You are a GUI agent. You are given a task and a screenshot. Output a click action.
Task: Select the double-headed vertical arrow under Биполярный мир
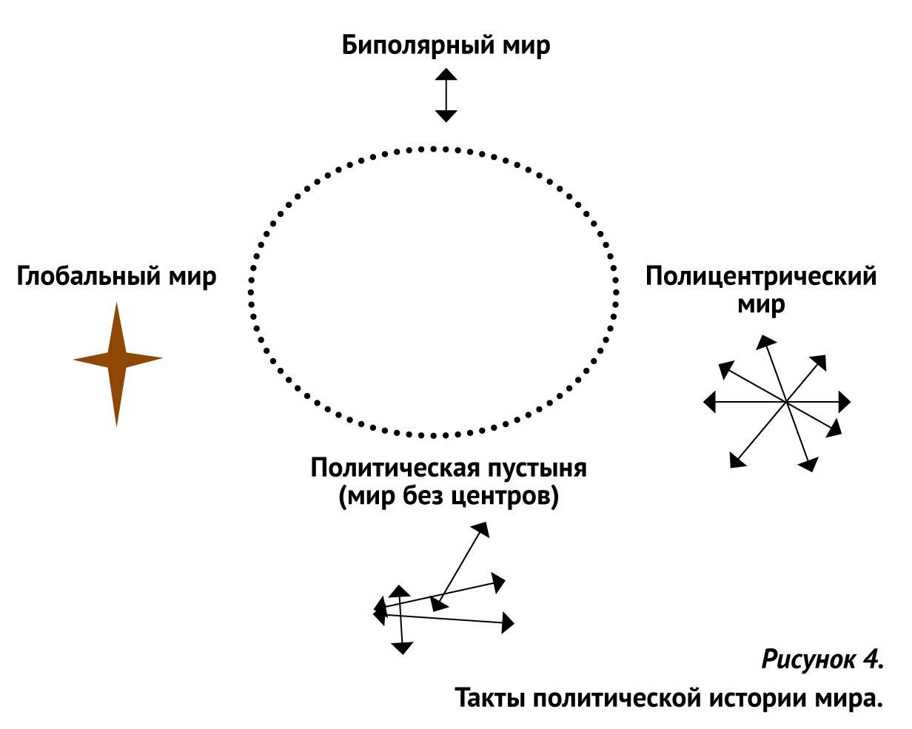pyautogui.click(x=446, y=95)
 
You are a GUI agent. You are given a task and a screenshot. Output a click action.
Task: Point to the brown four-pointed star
pyautogui.click(x=117, y=360)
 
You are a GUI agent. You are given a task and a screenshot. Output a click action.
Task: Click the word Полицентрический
pyautogui.click(x=761, y=278)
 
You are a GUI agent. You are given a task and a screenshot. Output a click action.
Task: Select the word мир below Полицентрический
pyautogui.click(x=761, y=305)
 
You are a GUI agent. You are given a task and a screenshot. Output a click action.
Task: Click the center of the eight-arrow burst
pyautogui.click(x=785, y=402)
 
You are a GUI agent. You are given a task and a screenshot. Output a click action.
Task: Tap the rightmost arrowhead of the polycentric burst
pyautogui.click(x=845, y=402)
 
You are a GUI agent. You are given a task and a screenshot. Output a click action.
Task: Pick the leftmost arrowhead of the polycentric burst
pyautogui.click(x=708, y=402)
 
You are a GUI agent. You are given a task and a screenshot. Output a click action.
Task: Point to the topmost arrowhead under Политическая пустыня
pyautogui.click(x=482, y=528)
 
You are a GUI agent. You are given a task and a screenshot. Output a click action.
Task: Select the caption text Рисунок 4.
pyautogui.click(x=822, y=659)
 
